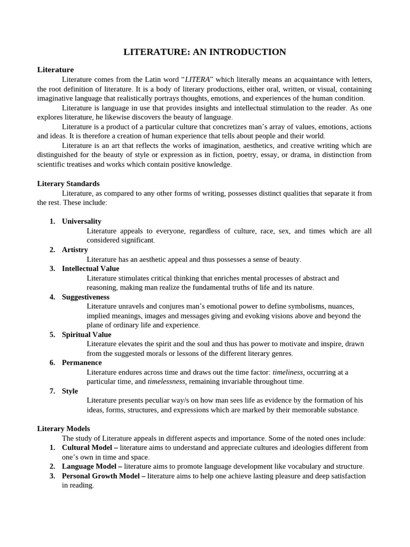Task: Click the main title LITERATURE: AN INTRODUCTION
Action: coord(205,52)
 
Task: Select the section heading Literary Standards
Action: coord(68,183)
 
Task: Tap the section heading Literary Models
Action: coord(64,428)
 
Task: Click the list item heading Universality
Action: coord(82,221)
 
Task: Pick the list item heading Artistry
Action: coord(75,249)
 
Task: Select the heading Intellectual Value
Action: coord(91,269)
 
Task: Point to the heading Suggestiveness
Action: coord(85,297)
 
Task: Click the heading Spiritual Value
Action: coord(86,334)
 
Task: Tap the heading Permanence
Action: coord(82,363)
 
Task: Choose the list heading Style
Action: coord(70,391)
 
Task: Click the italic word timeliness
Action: coord(288,372)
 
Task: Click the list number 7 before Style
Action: coord(52,391)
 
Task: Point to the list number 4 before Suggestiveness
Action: coord(52,297)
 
